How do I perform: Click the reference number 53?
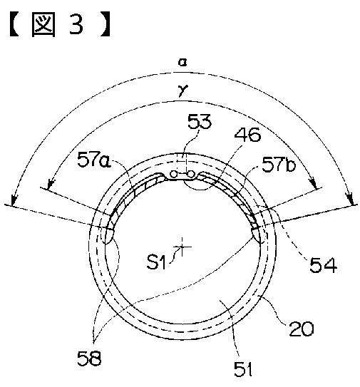coord(200,121)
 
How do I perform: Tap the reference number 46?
coord(247,135)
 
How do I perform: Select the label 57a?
coord(94,160)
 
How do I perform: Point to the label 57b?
coord(279,165)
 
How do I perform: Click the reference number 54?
coord(323,265)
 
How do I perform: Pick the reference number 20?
coord(302,329)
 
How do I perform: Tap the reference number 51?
coord(243,369)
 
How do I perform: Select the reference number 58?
coord(89,358)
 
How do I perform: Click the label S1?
coord(155,262)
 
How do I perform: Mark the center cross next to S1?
coord(182,247)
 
